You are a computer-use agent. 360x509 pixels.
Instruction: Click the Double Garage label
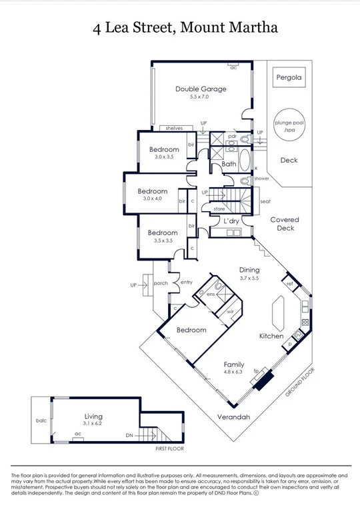201,89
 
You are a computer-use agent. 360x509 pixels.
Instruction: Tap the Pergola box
289,77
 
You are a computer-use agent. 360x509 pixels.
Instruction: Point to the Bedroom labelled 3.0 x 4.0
153,191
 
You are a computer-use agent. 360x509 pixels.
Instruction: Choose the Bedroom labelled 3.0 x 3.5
163,149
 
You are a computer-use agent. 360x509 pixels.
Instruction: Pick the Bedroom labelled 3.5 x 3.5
163,233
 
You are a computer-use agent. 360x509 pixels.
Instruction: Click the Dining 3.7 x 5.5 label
250,270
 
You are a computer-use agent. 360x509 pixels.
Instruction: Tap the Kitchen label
271,336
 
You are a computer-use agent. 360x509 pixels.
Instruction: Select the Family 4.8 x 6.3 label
234,365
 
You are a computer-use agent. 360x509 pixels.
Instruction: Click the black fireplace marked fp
265,380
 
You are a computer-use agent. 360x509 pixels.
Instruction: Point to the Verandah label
233,417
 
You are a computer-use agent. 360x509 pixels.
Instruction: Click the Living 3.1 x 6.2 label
93,417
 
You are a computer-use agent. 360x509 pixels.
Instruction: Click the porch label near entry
160,283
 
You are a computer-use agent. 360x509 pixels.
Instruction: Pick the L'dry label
231,221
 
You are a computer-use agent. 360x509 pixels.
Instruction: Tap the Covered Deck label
285,223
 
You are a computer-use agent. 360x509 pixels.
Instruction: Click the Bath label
229,164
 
